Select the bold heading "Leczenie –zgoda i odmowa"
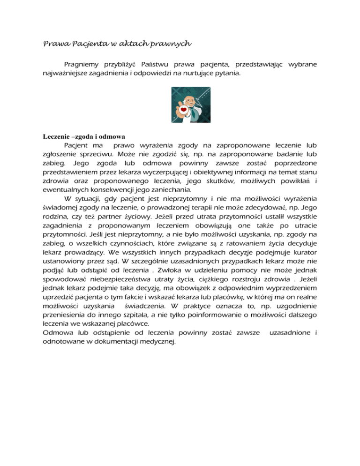point(81,137)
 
